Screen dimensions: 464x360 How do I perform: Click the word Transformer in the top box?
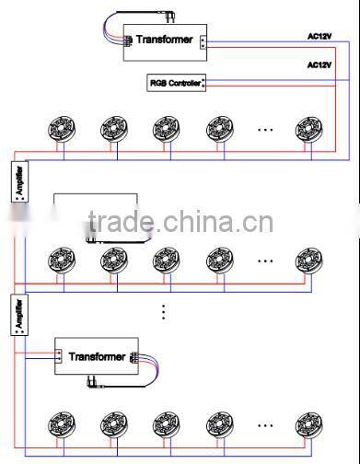(x=164, y=40)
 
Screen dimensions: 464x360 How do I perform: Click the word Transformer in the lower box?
(x=97, y=355)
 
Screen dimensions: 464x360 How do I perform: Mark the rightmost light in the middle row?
(x=309, y=261)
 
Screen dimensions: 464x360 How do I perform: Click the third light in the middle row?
(x=167, y=261)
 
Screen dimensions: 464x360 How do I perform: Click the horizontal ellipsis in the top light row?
(x=265, y=129)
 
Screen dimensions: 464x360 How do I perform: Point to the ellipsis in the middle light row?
(x=265, y=261)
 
